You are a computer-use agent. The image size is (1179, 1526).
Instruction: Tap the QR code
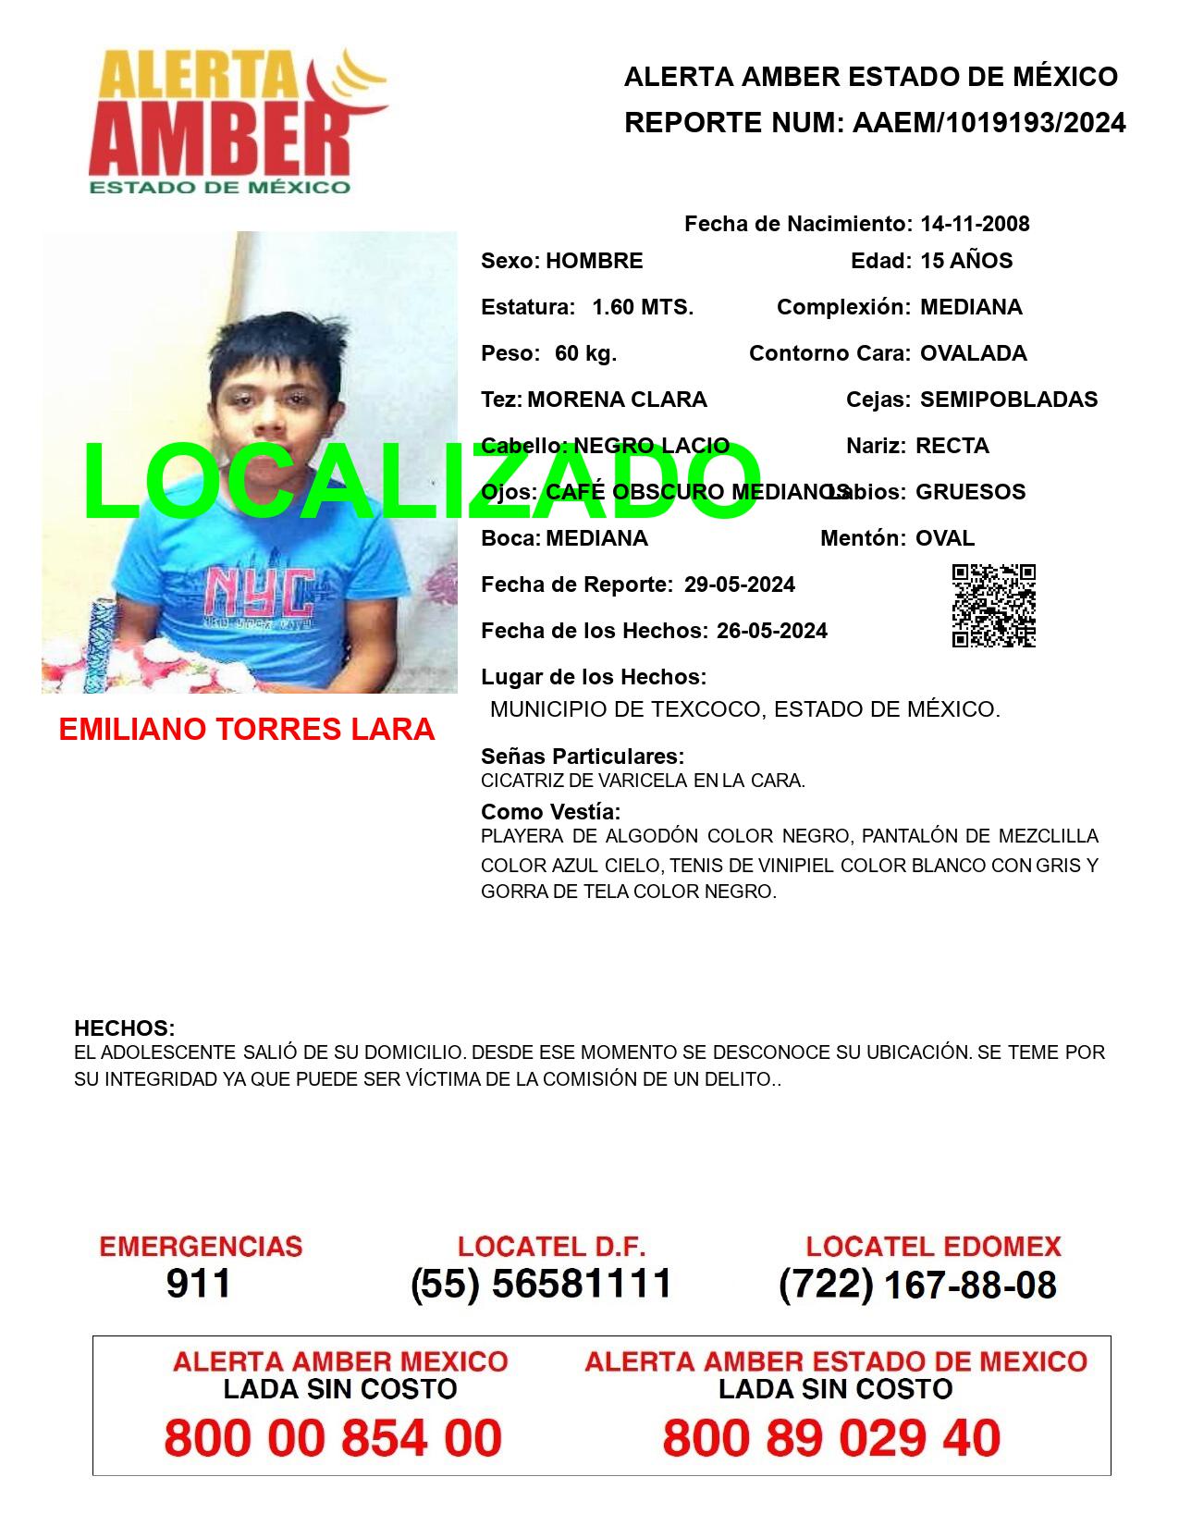(x=993, y=606)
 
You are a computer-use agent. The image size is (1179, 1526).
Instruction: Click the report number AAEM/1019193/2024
(x=989, y=122)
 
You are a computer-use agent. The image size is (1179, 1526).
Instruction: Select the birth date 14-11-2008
(x=975, y=224)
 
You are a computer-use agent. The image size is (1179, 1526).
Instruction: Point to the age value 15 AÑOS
(x=966, y=261)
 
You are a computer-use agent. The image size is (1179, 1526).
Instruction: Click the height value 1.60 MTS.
(x=643, y=307)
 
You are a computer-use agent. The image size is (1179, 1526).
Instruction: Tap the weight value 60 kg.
(x=585, y=353)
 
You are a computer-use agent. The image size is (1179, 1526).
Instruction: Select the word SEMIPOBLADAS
(x=1009, y=400)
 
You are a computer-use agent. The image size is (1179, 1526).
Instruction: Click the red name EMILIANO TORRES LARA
(x=246, y=730)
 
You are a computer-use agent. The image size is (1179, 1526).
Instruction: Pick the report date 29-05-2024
(x=739, y=585)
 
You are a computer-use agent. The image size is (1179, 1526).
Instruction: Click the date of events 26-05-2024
(x=771, y=631)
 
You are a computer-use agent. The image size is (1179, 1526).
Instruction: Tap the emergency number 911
(x=199, y=1284)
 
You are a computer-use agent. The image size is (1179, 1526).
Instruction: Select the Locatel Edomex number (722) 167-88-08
(x=917, y=1285)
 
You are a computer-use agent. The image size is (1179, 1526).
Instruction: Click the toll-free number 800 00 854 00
(x=333, y=1439)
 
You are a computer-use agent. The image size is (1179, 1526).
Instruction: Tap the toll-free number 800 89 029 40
(x=831, y=1439)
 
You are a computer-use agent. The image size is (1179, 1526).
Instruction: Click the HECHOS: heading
(x=124, y=1028)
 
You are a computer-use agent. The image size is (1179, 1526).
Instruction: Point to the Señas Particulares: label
(x=582, y=757)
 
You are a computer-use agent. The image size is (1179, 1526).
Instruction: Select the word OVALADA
(x=973, y=353)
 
